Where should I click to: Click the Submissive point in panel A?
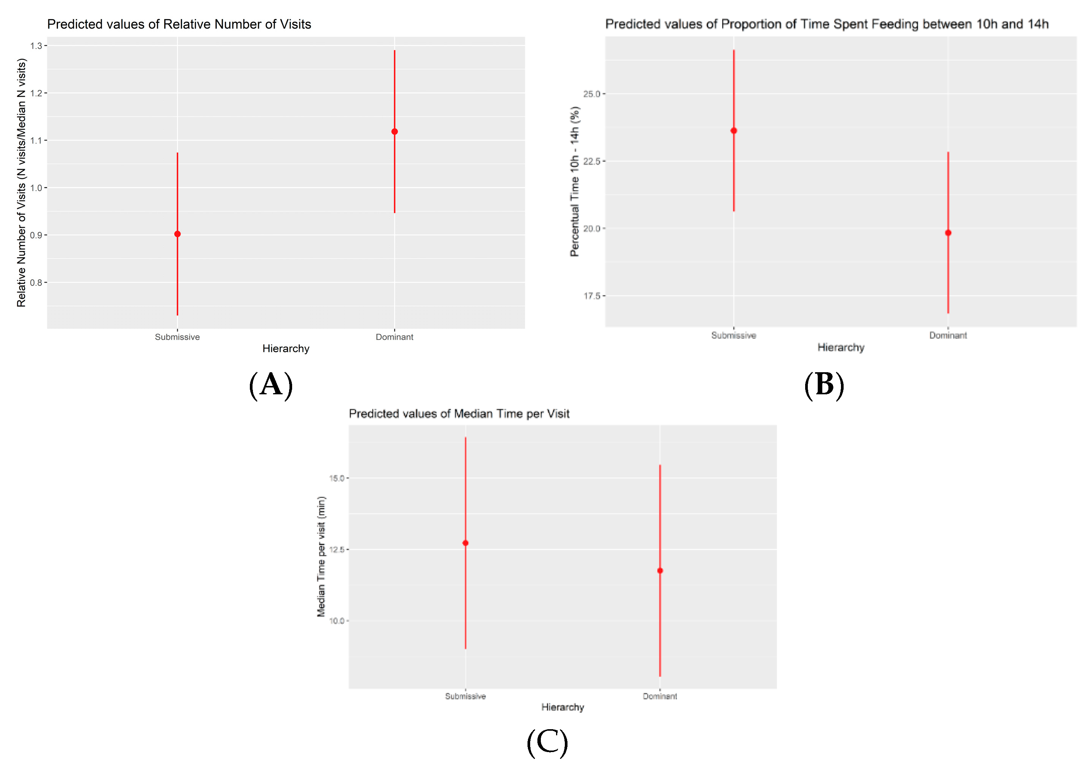[177, 234]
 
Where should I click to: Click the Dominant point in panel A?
[394, 132]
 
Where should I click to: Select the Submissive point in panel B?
[734, 131]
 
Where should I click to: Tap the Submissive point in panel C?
[465, 543]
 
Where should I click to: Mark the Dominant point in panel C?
[660, 571]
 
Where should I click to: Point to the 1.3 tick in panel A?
[37, 46]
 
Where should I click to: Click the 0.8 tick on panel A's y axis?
[37, 283]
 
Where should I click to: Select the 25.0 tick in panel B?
[592, 94]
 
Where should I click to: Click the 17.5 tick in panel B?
[592, 296]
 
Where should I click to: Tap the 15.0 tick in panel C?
[337, 479]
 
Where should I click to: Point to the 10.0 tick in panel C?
[337, 621]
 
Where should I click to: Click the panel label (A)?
[271, 385]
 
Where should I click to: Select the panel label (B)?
[824, 385]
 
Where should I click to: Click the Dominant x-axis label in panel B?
[948, 335]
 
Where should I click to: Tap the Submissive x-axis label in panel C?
[465, 696]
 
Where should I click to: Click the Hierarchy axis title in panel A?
[286, 349]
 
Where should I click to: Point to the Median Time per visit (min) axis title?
[321, 557]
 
